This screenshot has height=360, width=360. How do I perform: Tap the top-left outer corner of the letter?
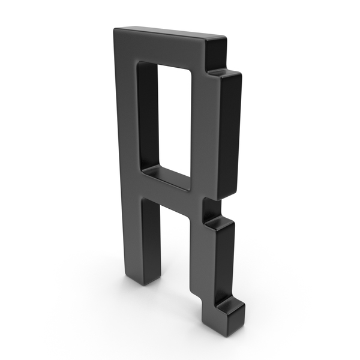click(x=114, y=29)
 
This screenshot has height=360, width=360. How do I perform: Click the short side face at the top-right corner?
click(x=216, y=53)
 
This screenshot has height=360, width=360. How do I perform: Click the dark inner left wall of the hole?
click(x=149, y=115)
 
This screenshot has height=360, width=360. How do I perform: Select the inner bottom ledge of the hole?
click(x=166, y=178)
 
